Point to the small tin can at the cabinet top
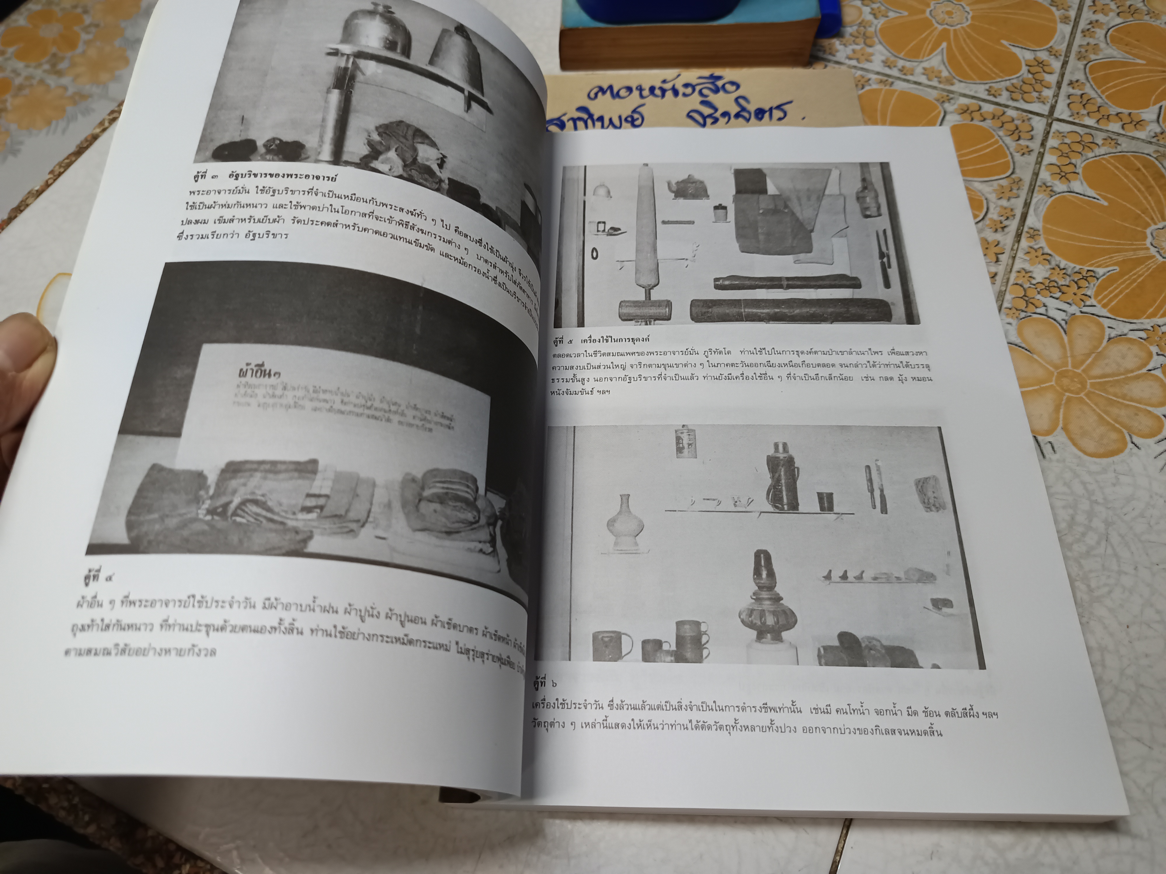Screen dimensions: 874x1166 [683, 441]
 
